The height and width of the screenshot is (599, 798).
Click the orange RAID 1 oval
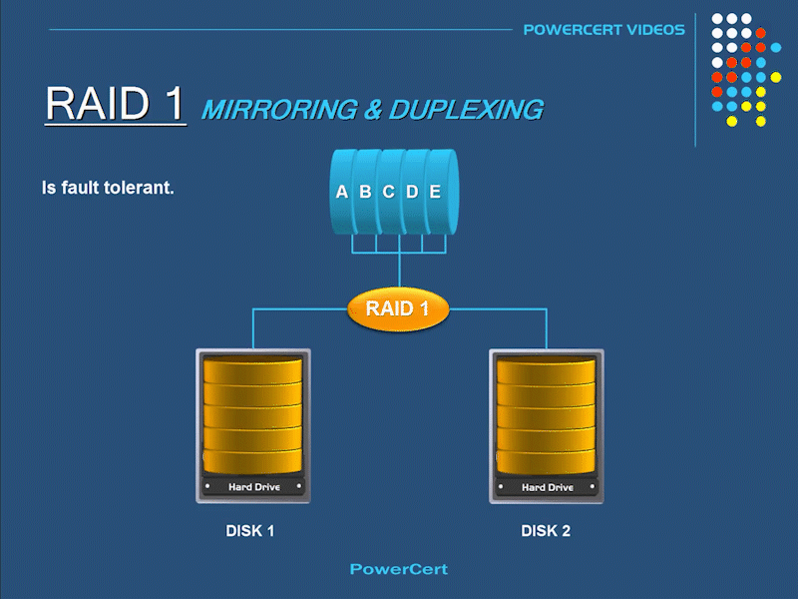coord(398,308)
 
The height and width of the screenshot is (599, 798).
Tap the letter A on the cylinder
coord(342,192)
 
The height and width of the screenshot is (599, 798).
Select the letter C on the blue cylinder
coord(388,192)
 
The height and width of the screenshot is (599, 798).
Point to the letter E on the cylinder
coord(435,192)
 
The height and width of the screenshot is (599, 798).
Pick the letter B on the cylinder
coord(365,192)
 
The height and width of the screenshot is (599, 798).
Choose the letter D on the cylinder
coord(412,192)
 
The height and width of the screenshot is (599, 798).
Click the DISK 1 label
coord(249,531)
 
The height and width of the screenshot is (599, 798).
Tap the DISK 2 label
coord(546,531)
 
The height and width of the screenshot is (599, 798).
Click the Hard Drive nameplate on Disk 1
coord(253,487)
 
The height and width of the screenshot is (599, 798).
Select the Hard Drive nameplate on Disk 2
coord(547,487)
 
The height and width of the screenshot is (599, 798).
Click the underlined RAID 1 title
coord(115,104)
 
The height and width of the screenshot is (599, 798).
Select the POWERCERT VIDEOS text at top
coord(603,29)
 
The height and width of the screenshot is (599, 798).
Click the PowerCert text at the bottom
coord(398,569)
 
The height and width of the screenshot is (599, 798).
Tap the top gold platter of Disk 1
coord(252,371)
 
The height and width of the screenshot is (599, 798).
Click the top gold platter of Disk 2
coord(546,371)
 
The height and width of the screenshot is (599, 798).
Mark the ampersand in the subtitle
coord(372,110)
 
